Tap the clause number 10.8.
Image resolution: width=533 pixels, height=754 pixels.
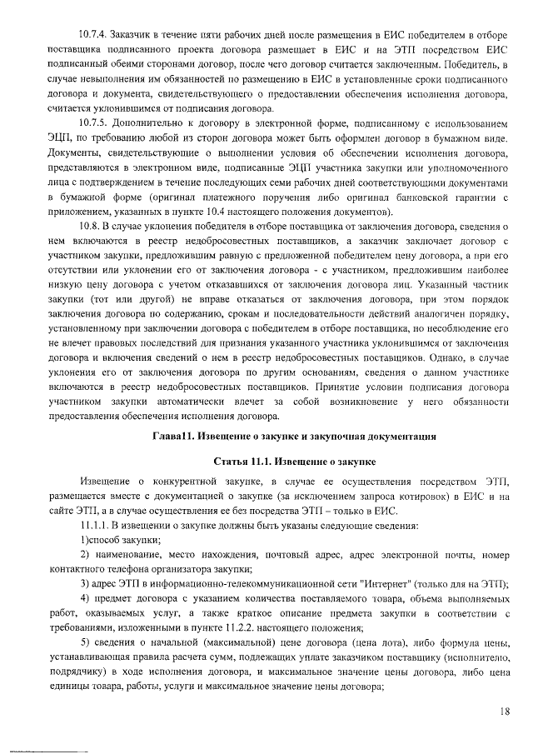(x=88, y=226)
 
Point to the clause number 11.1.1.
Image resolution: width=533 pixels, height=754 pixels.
(x=95, y=526)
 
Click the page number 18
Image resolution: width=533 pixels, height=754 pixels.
(x=506, y=711)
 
